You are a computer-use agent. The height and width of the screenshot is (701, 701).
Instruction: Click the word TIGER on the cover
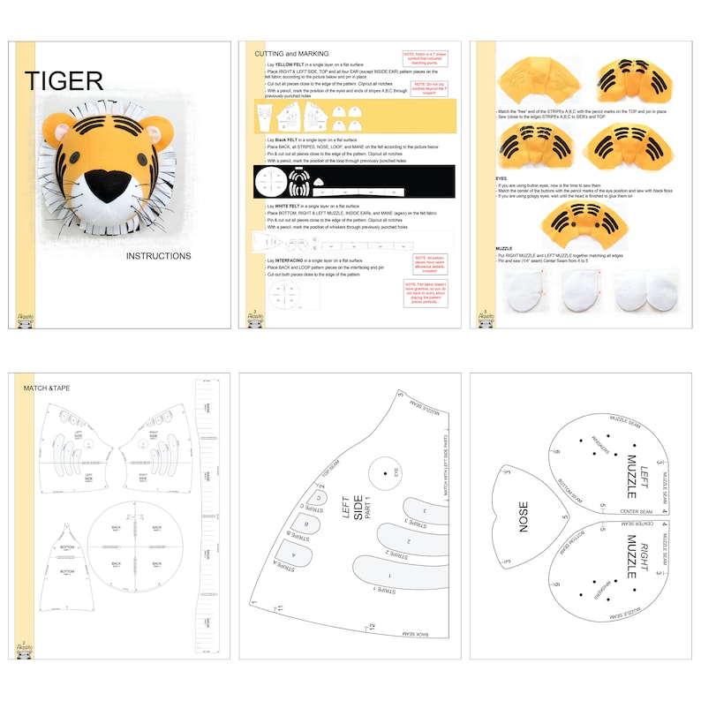64,81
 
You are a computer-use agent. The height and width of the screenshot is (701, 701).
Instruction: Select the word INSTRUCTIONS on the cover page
158,257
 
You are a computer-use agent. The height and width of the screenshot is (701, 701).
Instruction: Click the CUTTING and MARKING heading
291,54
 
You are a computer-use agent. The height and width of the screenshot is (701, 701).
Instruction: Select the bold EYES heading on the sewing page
501,177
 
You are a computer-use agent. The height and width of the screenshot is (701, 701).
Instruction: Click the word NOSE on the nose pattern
523,516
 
